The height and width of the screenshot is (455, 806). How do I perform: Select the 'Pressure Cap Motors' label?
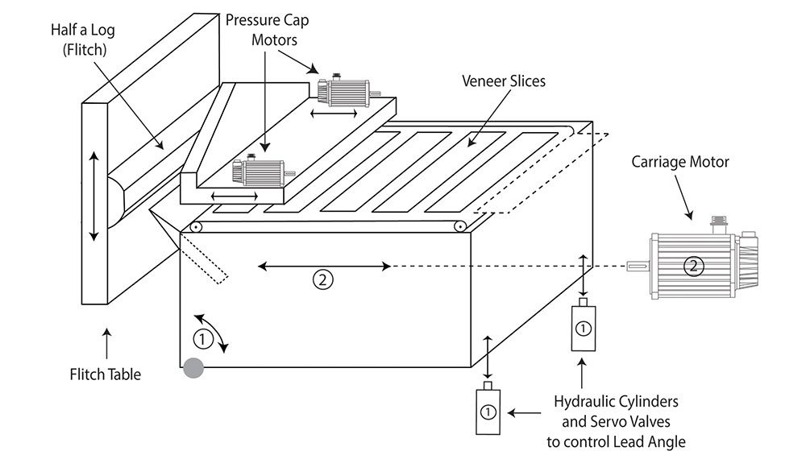click(267, 28)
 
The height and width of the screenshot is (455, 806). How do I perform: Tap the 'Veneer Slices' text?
click(503, 81)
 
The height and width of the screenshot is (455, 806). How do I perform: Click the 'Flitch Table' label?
click(106, 374)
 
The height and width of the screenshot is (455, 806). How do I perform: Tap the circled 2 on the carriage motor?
click(691, 265)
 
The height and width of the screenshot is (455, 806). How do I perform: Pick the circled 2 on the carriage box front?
click(322, 280)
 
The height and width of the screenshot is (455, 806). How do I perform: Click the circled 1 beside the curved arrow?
click(203, 339)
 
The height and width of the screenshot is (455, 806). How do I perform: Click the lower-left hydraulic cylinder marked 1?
click(487, 411)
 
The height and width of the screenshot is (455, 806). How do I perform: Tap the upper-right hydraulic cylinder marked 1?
click(584, 328)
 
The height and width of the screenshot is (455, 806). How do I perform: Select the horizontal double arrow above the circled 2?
click(323, 264)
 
